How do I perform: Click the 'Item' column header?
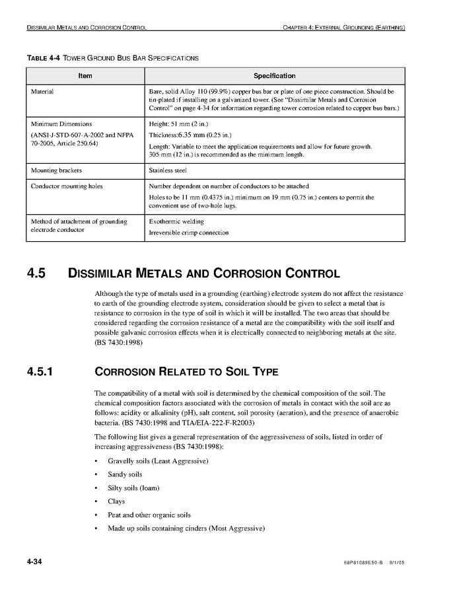tap(85, 76)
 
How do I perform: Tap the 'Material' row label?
tap(42, 91)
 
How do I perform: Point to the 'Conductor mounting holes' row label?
tap(67, 186)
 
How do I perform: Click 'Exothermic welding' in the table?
tap(176, 221)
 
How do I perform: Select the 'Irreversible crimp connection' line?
tap(189, 233)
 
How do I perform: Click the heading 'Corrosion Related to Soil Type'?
tap(186, 371)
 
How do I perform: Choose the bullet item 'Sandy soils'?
tap(125, 474)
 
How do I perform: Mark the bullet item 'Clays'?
tap(116, 501)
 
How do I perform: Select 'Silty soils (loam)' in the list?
tap(133, 488)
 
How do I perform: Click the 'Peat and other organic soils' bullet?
tap(149, 515)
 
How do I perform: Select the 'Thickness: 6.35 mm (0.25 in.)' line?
tap(187, 135)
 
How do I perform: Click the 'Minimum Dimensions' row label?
tap(61, 124)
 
